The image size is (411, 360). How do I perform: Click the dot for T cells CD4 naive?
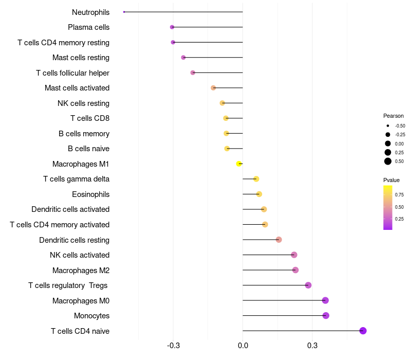click(363, 331)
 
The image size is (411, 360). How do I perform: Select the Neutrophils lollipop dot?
click(124, 12)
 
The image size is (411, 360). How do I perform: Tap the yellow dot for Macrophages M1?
click(239, 164)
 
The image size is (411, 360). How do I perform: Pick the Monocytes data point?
click(326, 315)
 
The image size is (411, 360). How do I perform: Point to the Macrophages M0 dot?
click(325, 300)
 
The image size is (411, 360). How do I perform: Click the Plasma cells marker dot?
click(172, 27)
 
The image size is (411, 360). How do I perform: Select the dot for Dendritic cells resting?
click(279, 240)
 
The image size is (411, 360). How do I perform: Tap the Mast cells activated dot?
click(213, 88)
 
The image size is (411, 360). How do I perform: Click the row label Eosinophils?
click(90, 194)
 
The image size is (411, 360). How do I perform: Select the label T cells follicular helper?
click(72, 73)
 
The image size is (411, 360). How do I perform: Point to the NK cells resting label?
click(83, 103)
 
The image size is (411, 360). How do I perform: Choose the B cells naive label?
click(88, 149)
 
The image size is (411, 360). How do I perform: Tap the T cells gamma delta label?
click(76, 179)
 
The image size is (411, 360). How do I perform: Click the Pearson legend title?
click(394, 116)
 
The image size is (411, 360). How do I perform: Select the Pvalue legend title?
click(391, 180)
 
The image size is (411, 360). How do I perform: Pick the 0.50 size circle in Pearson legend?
click(388, 161)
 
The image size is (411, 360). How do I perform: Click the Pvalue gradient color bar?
click(388, 207)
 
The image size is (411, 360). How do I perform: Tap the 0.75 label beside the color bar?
click(399, 195)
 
